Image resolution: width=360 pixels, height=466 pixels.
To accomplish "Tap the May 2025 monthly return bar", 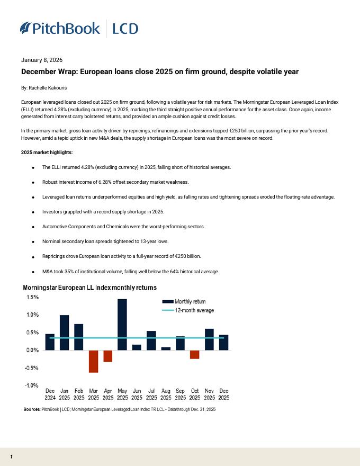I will coord(122,324).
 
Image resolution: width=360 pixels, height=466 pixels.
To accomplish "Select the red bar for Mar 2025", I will coord(94,361).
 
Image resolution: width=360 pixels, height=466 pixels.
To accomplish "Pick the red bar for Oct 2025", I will coord(194,354).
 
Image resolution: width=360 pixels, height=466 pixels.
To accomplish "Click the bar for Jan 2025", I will coord(65,333).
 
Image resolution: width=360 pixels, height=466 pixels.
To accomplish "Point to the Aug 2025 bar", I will coord(166,348).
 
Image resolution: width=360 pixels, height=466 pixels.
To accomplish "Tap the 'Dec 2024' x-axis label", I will coord(50,395).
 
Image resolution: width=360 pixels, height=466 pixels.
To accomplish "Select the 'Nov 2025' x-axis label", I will coord(209,395).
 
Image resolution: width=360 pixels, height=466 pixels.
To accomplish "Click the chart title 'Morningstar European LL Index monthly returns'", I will coord(89,288).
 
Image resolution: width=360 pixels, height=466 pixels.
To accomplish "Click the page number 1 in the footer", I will coord(12,456).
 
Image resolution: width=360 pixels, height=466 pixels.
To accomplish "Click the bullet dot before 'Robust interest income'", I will coord(33,182).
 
